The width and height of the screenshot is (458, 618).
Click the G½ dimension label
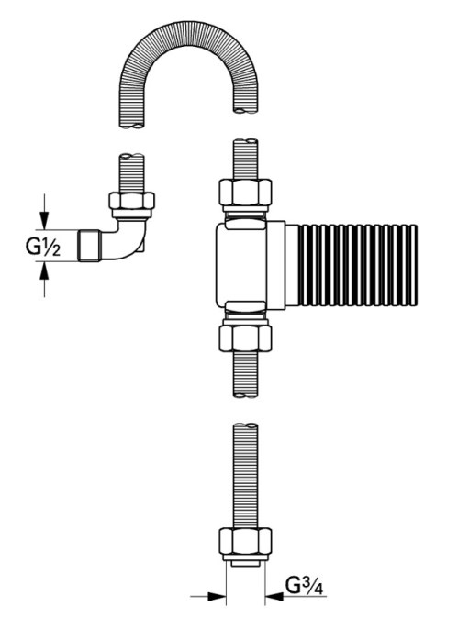tap(43, 247)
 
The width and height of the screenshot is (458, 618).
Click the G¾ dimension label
tap(304, 586)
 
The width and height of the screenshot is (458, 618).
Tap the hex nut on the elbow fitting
tap(132, 201)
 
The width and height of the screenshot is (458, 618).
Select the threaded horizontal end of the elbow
tap(89, 245)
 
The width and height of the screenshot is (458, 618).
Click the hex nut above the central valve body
tap(245, 192)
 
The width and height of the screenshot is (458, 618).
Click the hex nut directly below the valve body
tap(245, 338)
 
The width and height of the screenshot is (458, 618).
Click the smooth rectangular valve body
tap(241, 265)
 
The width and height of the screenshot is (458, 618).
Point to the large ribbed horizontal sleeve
tap(357, 265)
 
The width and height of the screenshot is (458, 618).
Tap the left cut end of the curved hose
tap(132, 126)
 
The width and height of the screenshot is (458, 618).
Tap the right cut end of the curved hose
tap(245, 110)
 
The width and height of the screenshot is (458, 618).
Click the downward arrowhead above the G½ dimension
tap(44, 221)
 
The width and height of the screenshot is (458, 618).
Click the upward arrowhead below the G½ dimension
tap(44, 270)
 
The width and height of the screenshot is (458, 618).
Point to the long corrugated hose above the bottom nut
tap(245, 476)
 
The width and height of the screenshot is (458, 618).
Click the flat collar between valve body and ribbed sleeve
tap(276, 265)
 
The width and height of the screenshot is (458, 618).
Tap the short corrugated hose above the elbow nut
tap(132, 173)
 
